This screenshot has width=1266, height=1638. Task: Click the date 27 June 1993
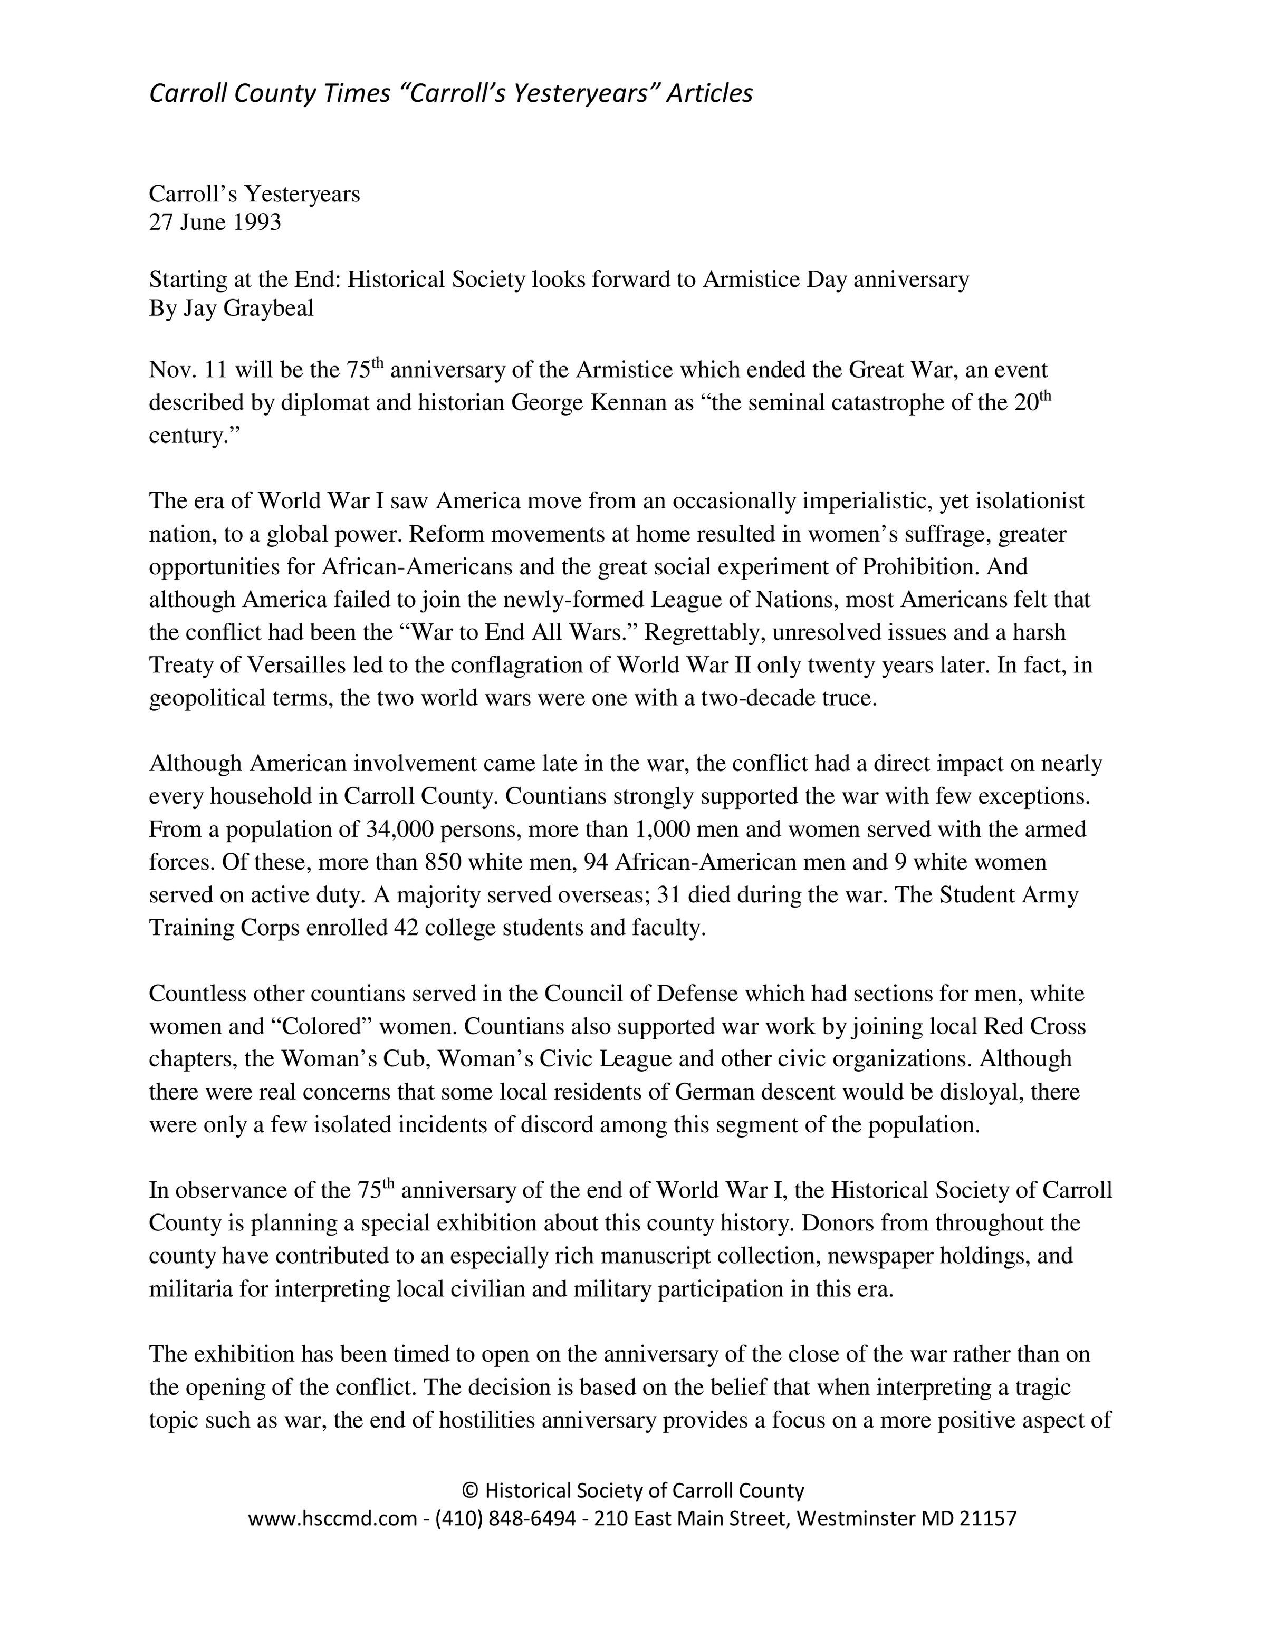tap(215, 223)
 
